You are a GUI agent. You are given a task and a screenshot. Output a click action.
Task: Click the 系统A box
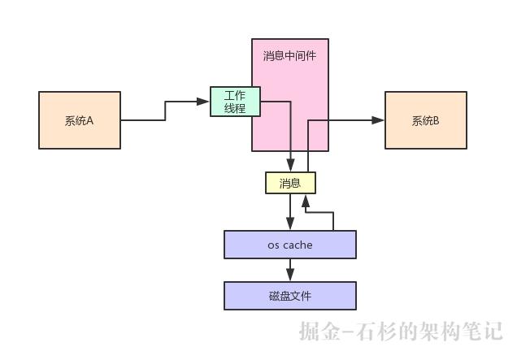(x=80, y=120)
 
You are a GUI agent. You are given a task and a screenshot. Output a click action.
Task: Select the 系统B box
(x=425, y=120)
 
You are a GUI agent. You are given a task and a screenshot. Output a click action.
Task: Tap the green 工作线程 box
(x=234, y=102)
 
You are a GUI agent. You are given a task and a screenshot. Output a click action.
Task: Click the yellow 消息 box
(x=290, y=184)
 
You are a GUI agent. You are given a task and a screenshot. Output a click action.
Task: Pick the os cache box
(x=289, y=245)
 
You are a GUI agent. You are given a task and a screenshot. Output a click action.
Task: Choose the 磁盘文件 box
(x=289, y=296)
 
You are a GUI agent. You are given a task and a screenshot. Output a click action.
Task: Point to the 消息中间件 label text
(x=290, y=56)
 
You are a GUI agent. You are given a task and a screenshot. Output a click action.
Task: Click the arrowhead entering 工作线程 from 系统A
(x=204, y=102)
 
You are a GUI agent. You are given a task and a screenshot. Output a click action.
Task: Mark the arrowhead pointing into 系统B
(x=379, y=120)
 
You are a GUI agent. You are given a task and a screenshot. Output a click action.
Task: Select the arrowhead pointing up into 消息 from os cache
(x=305, y=199)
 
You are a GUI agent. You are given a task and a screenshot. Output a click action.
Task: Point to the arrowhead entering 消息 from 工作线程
(x=290, y=167)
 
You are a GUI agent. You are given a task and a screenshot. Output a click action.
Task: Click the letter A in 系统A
(x=89, y=120)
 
